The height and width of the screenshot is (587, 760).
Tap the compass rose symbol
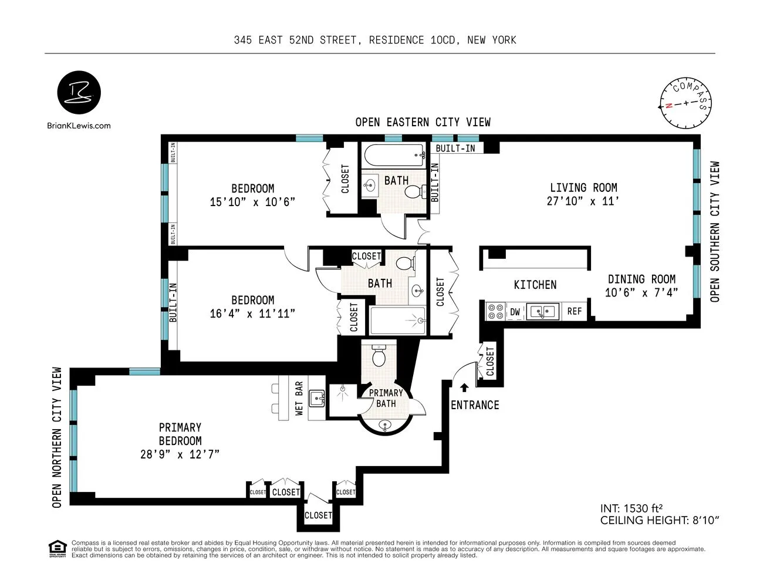685,103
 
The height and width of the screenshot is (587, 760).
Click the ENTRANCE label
475,405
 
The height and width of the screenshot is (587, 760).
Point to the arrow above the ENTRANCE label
464,387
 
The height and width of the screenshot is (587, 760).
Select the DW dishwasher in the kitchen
515,312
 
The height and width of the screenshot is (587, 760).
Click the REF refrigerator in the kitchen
574,311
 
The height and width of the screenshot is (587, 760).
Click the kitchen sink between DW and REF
542,311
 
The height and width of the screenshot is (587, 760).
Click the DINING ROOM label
641,279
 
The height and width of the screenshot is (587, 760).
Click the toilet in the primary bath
379,355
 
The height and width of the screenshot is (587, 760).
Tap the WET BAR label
299,398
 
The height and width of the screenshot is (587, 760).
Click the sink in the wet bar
317,399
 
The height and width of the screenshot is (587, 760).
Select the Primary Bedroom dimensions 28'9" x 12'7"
180,454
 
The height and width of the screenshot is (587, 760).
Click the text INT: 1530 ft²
631,508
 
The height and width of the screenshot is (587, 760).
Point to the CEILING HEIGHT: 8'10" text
660,520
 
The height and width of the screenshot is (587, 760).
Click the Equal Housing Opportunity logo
57,548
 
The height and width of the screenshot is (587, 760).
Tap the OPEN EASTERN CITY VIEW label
423,122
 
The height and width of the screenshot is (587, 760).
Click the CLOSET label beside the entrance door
490,362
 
